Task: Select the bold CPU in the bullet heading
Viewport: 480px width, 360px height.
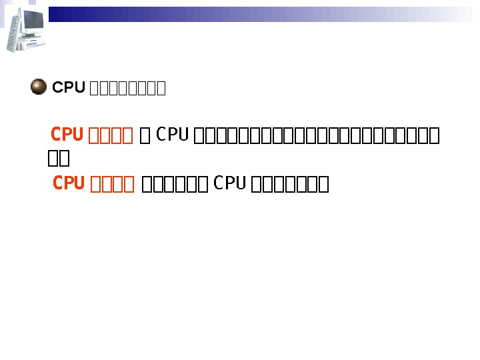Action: coord(69,87)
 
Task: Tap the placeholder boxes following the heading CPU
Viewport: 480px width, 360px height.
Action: coord(127,88)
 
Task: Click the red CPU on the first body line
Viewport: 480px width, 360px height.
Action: coord(67,135)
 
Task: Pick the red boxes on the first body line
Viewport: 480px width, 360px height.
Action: coord(111,136)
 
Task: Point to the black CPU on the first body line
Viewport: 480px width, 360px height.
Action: coord(173,135)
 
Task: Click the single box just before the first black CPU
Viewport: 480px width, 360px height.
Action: coord(146,136)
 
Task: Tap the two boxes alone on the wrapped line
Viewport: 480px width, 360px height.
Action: coord(59,160)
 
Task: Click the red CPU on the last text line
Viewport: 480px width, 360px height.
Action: coord(69,183)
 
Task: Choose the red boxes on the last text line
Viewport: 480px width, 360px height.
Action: coord(113,184)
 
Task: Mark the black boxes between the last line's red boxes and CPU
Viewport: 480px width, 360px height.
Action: coord(177,184)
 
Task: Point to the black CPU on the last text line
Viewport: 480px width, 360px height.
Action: coord(231,183)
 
